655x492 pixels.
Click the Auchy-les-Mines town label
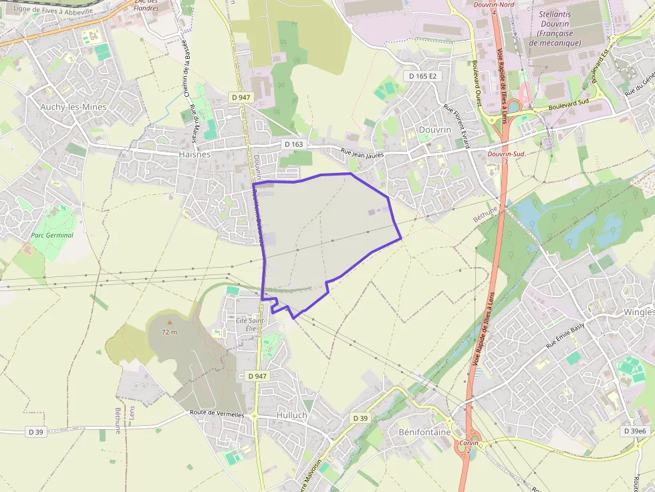pos(74,107)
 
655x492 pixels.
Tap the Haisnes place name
pos(194,154)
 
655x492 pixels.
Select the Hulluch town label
pos(291,415)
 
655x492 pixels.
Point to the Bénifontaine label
pos(425,432)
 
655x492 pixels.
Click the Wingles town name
pos(638,312)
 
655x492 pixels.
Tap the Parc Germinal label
pos(52,235)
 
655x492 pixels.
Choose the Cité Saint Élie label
pos(250,324)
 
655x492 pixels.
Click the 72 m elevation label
pos(169,332)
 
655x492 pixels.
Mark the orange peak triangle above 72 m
pos(169,322)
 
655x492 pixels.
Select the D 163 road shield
pos(293,144)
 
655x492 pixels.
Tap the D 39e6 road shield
pos(636,431)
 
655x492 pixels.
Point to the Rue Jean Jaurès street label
pos(365,154)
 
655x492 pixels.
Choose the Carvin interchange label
pos(469,443)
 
